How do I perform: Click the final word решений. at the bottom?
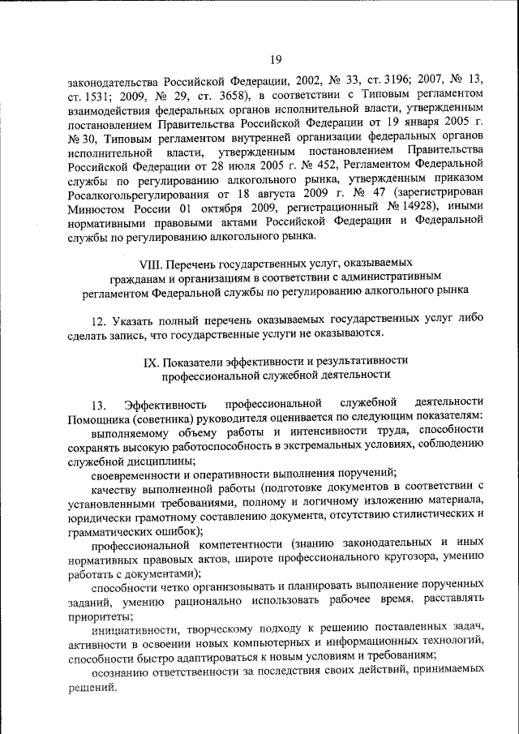[92, 686]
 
